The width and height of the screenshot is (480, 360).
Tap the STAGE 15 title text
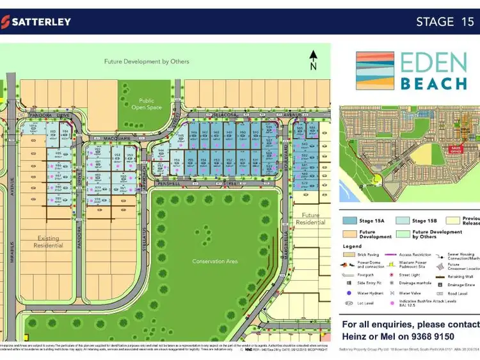point(445,21)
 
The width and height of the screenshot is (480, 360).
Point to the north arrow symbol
point(313,59)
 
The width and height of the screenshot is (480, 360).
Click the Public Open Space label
point(147,104)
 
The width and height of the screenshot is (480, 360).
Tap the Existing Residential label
point(48,242)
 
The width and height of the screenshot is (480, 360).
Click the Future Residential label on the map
point(310,219)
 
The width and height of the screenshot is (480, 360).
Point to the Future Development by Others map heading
point(147,61)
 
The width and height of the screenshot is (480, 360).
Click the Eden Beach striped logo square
point(374,70)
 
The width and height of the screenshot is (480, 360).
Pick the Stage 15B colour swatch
point(403,221)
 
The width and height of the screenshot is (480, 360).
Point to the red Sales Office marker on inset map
point(456,148)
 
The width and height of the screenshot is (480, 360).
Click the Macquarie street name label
point(108,137)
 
